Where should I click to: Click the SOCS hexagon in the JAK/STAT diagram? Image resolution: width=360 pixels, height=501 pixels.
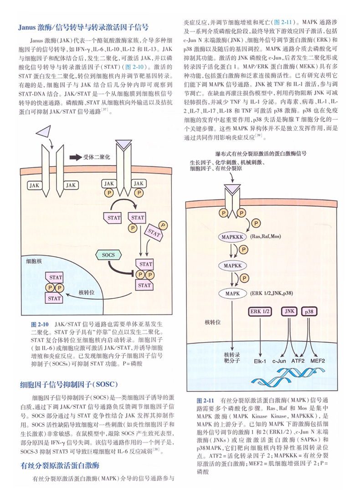(x=108, y=255)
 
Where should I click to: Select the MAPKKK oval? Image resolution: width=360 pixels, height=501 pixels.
(x=233, y=237)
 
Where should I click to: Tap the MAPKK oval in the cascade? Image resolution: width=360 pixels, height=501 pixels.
(x=233, y=265)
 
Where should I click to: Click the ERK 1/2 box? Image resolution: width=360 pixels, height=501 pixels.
(x=260, y=312)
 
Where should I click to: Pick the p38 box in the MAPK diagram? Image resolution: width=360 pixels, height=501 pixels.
(x=309, y=312)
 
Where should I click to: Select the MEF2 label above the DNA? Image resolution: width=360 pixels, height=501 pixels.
(x=318, y=361)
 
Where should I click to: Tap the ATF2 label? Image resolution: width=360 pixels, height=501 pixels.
(x=298, y=361)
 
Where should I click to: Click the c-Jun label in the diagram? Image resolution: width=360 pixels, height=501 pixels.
(x=279, y=361)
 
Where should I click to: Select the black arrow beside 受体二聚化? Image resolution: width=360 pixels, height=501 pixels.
(x=75, y=157)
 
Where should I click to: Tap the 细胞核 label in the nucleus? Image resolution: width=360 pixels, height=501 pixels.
(x=34, y=261)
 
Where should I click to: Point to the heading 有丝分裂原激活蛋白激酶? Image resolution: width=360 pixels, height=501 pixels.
(x=60, y=465)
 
